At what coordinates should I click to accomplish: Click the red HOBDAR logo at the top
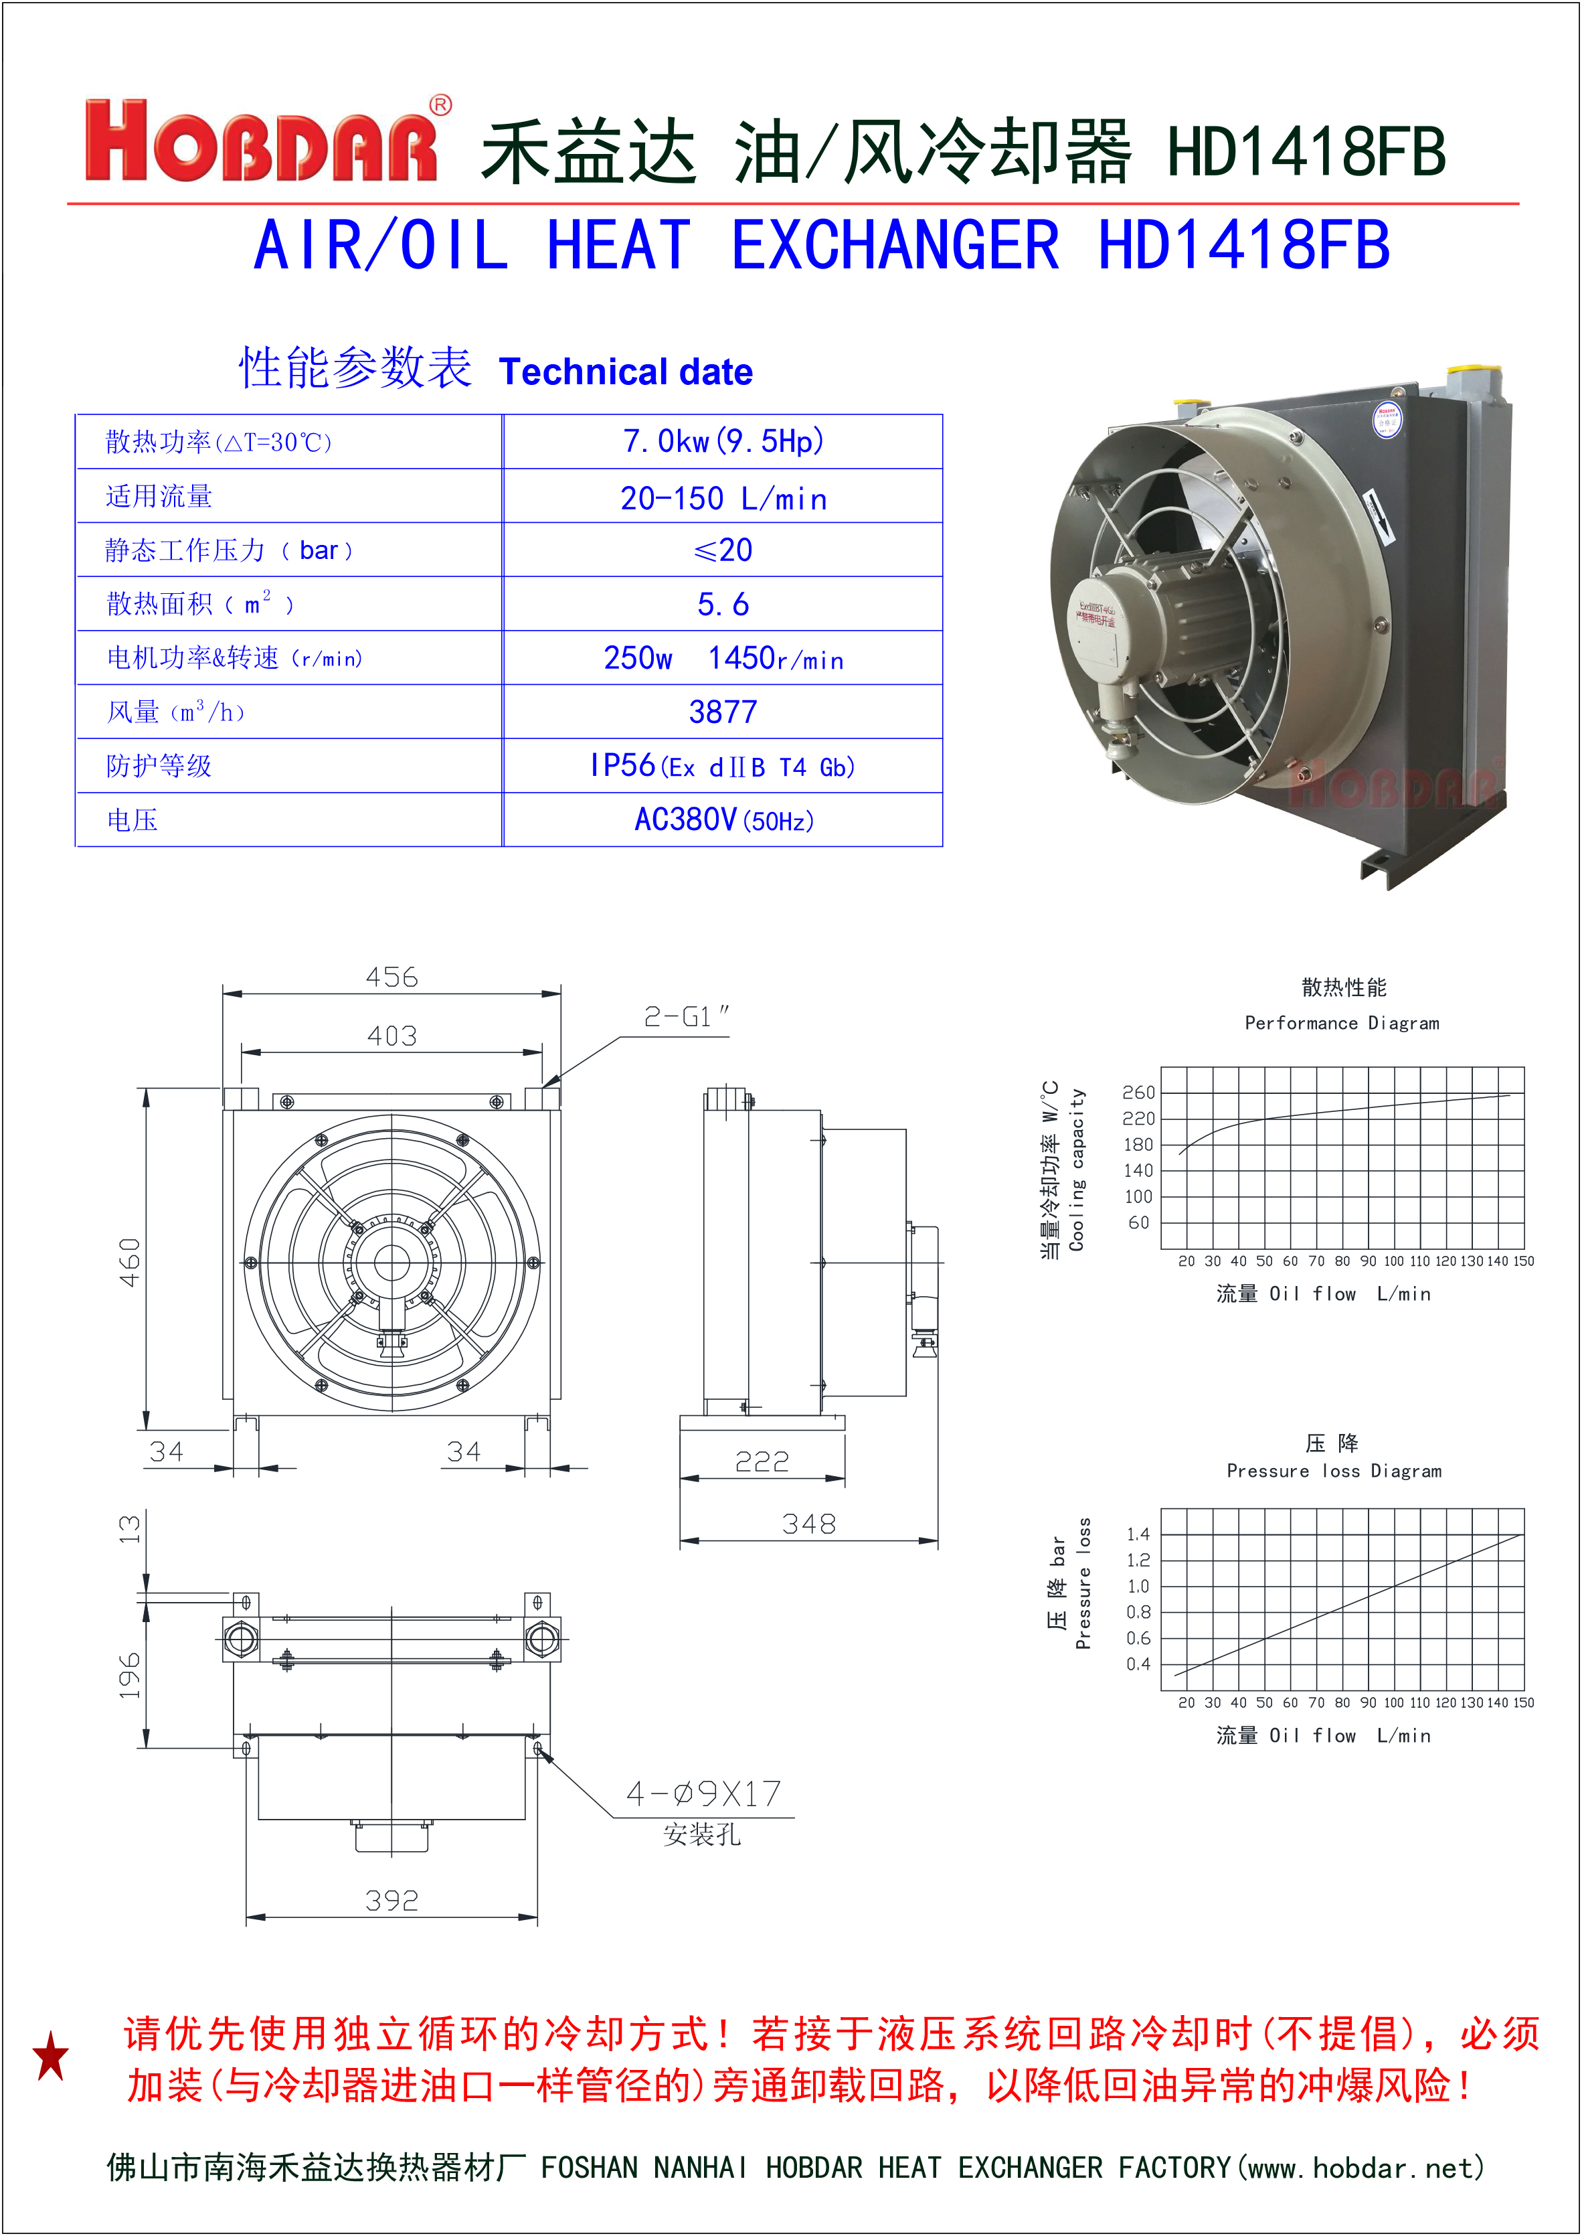coord(261,141)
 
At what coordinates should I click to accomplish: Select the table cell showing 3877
coord(722,712)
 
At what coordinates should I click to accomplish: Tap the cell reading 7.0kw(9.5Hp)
coord(723,441)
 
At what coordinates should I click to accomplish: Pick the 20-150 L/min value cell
coord(723,498)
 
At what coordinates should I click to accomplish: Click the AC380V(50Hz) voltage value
coord(723,820)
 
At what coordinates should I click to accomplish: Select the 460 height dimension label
coord(130,1262)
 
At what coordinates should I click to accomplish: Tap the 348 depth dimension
coord(808,1523)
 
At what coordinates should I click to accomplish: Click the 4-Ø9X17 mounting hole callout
coord(703,1793)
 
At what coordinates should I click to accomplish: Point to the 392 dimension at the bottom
coord(391,1900)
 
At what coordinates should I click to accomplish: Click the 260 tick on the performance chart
coord(1138,1092)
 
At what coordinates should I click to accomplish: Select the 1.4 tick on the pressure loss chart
coord(1138,1534)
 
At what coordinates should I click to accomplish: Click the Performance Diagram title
coord(1341,1023)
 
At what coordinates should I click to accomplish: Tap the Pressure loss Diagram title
coord(1334,1471)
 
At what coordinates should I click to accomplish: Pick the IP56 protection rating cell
coord(723,766)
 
